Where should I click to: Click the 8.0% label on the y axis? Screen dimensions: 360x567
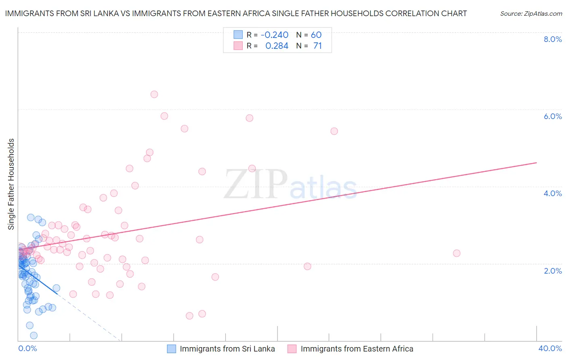pos(552,39)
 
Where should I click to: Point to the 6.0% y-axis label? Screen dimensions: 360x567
pos(552,116)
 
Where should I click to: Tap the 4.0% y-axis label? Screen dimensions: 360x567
pos(552,193)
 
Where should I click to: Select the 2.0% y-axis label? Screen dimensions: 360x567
pos(552,271)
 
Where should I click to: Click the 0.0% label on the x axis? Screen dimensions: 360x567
pos(27,348)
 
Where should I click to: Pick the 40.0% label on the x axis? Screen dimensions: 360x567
pos(550,348)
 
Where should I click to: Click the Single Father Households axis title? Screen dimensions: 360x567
pos(11,184)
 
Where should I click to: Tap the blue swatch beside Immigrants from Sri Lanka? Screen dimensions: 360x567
pos(171,349)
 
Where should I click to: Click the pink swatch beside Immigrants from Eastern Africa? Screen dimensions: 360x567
pos(292,349)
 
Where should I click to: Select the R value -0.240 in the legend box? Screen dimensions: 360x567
pos(274,35)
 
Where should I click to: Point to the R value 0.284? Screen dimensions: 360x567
pos(277,46)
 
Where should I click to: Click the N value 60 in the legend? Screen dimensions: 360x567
pos(316,35)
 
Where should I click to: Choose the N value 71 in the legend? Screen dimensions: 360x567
pos(317,46)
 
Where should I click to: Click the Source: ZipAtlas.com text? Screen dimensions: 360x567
pos(531,14)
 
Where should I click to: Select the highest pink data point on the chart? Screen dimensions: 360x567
pos(154,94)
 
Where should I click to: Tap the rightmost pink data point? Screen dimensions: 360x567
pos(457,253)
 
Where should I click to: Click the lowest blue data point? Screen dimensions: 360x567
pos(34,335)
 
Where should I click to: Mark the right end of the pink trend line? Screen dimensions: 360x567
pos(536,163)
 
